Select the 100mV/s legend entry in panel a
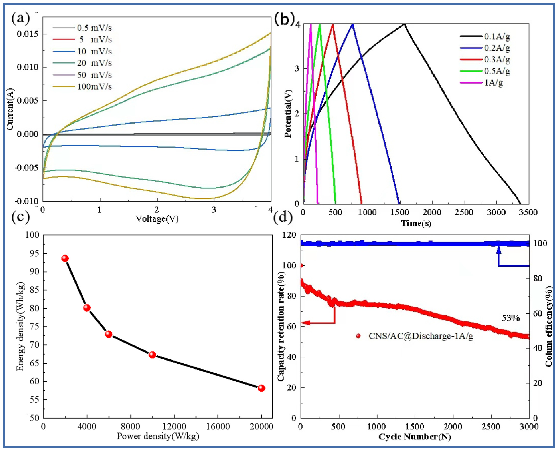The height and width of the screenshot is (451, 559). click(x=94, y=86)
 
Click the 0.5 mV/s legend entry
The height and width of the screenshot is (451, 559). click(x=94, y=28)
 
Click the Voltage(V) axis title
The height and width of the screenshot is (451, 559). click(x=157, y=219)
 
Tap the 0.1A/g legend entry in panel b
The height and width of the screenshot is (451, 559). click(x=497, y=36)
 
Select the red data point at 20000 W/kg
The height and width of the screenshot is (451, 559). click(x=261, y=388)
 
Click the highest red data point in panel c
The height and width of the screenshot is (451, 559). click(x=65, y=258)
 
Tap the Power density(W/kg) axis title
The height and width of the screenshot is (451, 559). click(x=158, y=436)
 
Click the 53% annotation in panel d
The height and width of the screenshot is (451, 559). click(x=510, y=318)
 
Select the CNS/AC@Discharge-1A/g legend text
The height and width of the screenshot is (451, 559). click(x=421, y=336)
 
